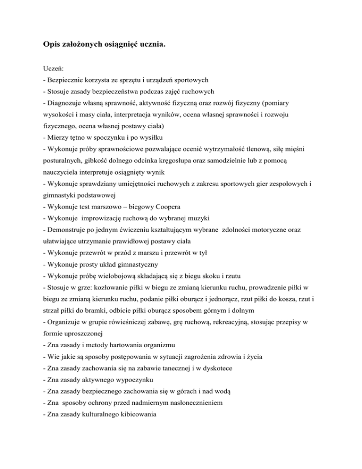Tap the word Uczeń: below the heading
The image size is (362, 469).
tap(52, 68)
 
